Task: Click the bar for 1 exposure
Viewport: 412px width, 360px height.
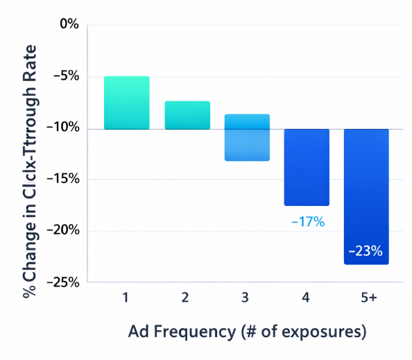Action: (x=126, y=103)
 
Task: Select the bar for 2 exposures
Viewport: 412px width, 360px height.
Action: (x=187, y=115)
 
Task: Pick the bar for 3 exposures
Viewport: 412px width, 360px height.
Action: (x=247, y=137)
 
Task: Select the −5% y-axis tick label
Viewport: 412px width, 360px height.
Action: (x=66, y=76)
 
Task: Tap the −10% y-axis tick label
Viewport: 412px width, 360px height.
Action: (x=63, y=128)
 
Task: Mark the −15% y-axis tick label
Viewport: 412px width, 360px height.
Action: (x=63, y=179)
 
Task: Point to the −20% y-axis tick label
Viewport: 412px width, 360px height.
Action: (x=63, y=230)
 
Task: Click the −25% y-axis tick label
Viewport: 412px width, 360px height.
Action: (x=63, y=282)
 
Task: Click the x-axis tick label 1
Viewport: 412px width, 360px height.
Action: (x=126, y=298)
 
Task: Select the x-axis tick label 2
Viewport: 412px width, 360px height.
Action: (x=186, y=298)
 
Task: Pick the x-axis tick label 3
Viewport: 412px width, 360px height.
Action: (x=247, y=298)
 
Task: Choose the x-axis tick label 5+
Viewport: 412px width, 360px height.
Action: (x=368, y=298)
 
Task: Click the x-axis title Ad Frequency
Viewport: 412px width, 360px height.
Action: (x=247, y=332)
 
